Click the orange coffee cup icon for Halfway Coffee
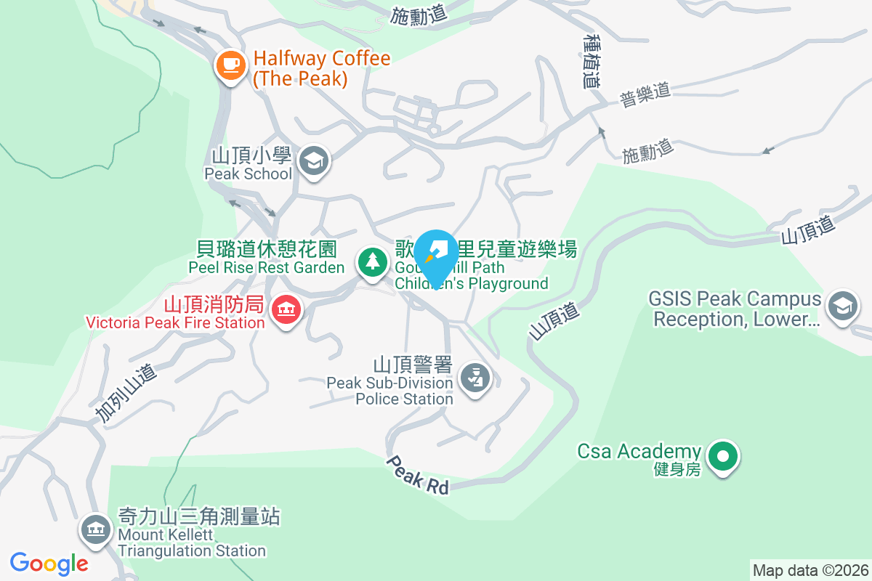231,66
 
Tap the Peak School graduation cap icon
315,160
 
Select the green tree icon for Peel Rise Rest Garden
373,261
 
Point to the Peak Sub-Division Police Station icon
476,378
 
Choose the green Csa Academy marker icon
722,457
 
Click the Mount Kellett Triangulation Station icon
95,529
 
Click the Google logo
49,563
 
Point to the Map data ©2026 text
810,570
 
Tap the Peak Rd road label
417,475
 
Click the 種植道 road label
593,61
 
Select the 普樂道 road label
644,95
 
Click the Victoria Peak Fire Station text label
174,322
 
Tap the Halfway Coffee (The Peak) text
322,68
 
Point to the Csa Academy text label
639,451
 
